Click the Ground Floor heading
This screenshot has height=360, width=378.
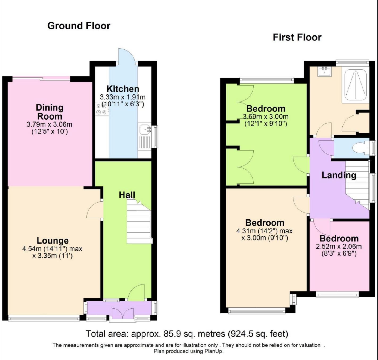[79, 26]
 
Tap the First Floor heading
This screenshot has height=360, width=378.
[297, 37]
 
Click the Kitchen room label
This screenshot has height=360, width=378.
[123, 89]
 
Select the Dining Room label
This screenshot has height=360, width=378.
[50, 112]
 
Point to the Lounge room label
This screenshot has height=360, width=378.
[52, 241]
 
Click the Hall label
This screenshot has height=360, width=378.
[127, 195]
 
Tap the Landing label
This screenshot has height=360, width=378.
[339, 175]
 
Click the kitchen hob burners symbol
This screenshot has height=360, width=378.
[102, 109]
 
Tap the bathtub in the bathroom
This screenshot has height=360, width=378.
[355, 85]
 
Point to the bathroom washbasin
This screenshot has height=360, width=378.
[325, 72]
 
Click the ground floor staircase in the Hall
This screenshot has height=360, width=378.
[139, 221]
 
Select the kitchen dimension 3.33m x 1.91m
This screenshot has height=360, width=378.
[123, 97]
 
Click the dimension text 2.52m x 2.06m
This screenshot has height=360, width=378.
[339, 246]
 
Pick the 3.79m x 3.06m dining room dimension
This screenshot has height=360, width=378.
[49, 124]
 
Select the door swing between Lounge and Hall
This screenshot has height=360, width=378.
[94, 210]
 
